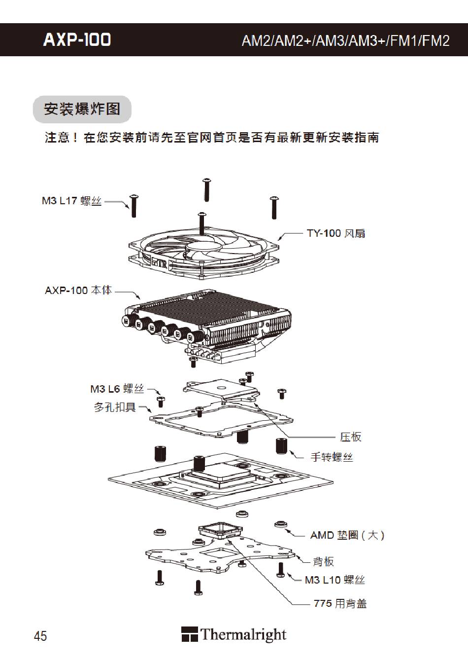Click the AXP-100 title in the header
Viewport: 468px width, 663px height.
[x=77, y=40]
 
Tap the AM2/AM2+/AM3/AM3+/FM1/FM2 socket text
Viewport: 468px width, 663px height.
[x=345, y=40]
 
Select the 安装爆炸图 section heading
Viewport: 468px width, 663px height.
[x=82, y=109]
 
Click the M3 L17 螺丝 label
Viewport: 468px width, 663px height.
[x=71, y=201]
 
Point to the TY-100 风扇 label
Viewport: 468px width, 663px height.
[x=336, y=233]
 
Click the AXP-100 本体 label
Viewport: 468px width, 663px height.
[x=78, y=290]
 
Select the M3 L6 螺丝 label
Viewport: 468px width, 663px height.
[x=117, y=389]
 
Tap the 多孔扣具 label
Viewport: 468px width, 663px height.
[x=115, y=407]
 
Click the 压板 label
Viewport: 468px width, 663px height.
[x=350, y=437]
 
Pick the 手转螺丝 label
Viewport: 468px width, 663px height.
[x=332, y=457]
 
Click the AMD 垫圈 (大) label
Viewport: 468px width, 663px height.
[x=347, y=535]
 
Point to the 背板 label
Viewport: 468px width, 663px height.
[x=324, y=561]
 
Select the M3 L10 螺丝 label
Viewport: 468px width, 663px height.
[x=334, y=580]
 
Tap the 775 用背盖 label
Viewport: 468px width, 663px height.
[x=340, y=603]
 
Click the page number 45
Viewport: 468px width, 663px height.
[x=40, y=636]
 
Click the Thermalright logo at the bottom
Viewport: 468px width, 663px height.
[x=234, y=634]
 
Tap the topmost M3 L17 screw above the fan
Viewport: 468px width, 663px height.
[x=207, y=189]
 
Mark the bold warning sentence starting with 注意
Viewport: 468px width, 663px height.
[x=212, y=138]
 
